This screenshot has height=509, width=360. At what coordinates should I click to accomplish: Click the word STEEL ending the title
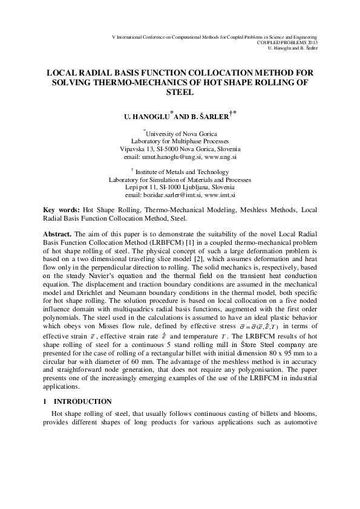(x=180, y=92)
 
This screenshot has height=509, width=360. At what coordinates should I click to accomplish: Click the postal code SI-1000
(x=172, y=187)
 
